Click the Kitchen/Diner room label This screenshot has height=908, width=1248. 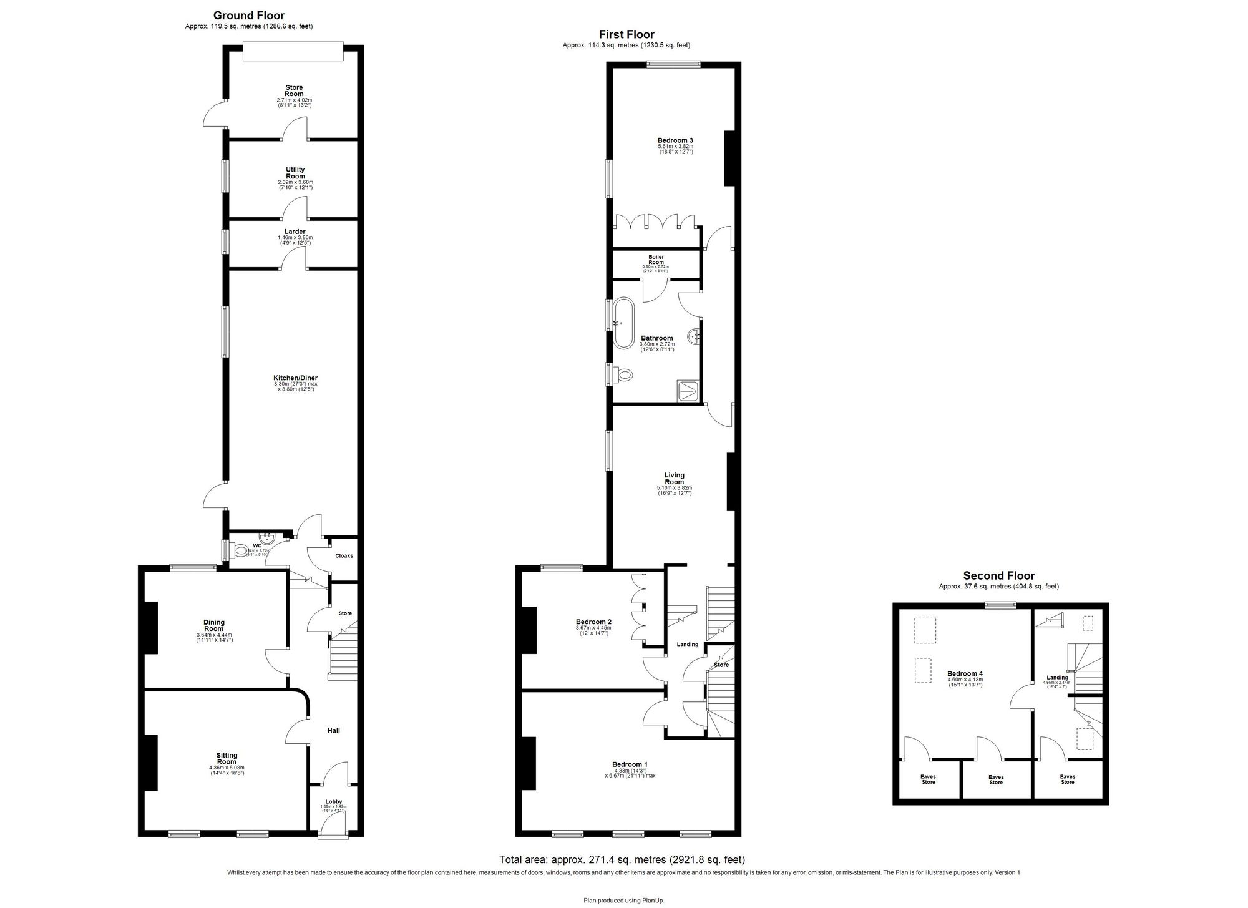(x=295, y=378)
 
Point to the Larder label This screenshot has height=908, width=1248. (x=295, y=232)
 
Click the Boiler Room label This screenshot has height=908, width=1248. (x=656, y=260)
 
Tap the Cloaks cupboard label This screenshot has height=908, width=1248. (x=344, y=555)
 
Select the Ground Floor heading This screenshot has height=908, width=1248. (x=248, y=16)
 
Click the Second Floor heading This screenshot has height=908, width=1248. (x=998, y=576)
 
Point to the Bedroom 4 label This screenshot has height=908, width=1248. (x=965, y=673)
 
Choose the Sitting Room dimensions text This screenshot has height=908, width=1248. (x=226, y=771)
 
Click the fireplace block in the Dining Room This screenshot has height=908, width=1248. (x=150, y=627)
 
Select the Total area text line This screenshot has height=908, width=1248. (x=622, y=859)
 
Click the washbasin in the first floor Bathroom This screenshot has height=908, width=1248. (x=694, y=338)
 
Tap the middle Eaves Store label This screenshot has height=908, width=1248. (x=996, y=779)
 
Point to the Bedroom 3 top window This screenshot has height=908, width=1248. (x=673, y=64)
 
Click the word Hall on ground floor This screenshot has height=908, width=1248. (x=334, y=730)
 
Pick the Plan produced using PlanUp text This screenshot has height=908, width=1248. (x=623, y=899)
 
